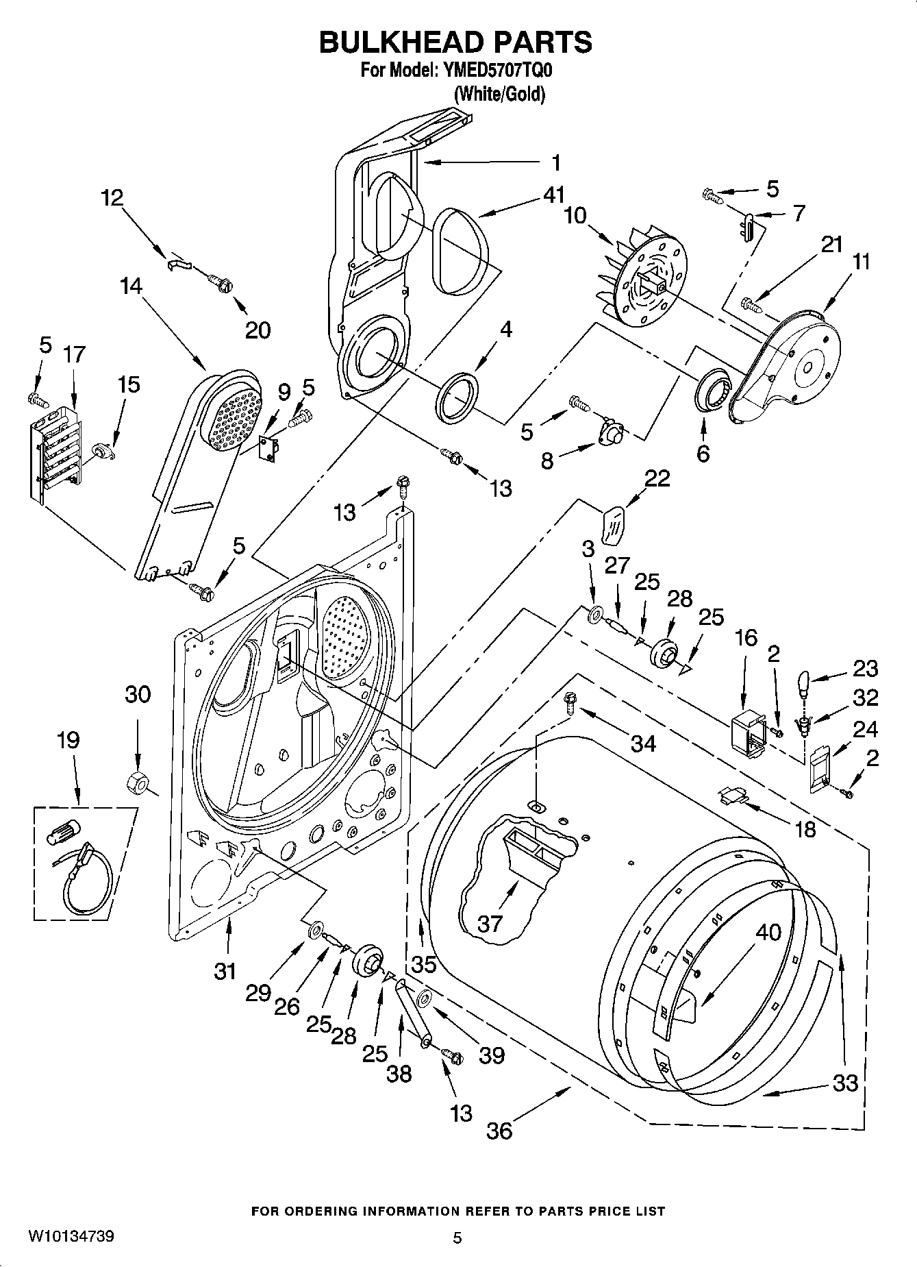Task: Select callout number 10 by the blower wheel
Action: [575, 216]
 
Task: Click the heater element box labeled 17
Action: [55, 452]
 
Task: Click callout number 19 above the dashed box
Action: [68, 741]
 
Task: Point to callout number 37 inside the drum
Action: [490, 924]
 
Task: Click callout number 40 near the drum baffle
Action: [768, 932]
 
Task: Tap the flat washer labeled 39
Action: [423, 998]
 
